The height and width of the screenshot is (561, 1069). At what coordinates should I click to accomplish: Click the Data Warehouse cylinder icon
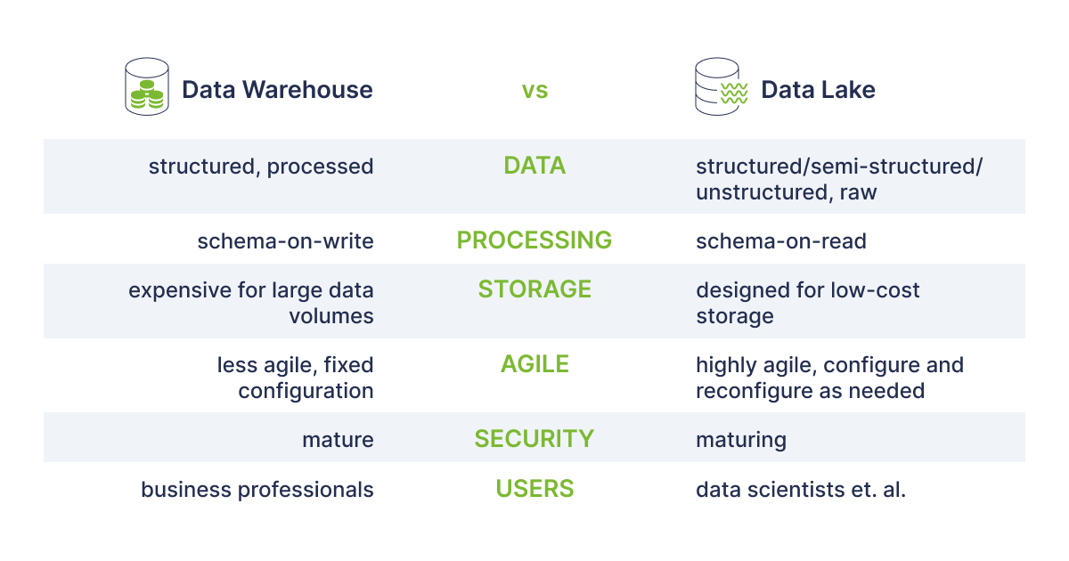point(147,87)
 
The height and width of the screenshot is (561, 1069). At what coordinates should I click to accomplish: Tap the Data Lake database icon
point(721,87)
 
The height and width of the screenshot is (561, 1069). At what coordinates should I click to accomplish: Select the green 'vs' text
point(534,90)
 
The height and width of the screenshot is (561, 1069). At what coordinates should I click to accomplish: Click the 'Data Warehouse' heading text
point(277,90)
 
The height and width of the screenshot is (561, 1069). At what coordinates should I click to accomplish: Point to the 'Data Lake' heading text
point(818,90)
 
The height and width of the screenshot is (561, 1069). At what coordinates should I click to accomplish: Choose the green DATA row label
point(534,166)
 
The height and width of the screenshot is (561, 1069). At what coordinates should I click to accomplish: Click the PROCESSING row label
point(534,240)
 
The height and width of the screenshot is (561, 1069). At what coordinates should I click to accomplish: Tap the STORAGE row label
point(534,289)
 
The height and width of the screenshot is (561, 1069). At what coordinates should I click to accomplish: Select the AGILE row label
point(534,364)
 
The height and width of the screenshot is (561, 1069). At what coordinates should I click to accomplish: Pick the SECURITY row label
point(534,438)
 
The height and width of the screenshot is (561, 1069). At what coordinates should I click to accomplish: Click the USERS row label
point(534,489)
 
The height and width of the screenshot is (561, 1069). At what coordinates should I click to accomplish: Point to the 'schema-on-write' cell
point(285,241)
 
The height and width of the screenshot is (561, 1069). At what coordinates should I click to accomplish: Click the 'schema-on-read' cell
point(781,241)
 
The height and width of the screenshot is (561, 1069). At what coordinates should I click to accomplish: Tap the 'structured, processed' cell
point(261,167)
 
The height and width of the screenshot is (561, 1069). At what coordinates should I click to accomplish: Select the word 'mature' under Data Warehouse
point(338,440)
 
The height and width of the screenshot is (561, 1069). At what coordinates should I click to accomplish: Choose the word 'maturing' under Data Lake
point(741,440)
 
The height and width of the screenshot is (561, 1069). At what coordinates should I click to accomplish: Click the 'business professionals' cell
point(257,490)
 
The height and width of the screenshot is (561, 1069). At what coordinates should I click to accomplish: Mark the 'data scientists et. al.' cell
point(801,490)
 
